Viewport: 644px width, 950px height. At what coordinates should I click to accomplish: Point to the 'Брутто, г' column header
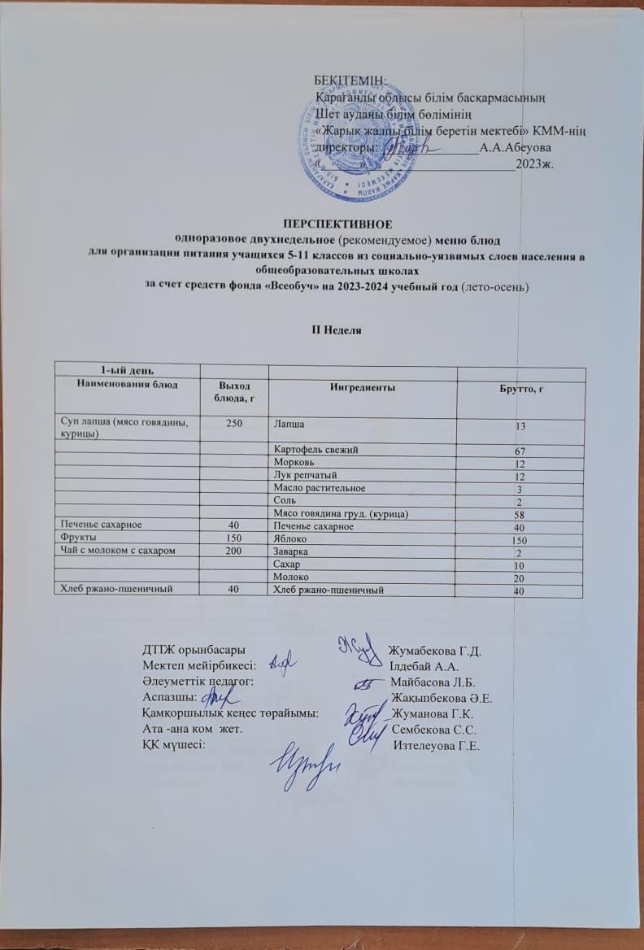[520, 392]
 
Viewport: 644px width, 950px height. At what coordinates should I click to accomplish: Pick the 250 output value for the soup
[233, 423]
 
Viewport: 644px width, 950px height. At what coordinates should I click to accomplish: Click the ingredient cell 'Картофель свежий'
[311, 449]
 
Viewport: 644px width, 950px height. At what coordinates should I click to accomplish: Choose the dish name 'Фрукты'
[73, 538]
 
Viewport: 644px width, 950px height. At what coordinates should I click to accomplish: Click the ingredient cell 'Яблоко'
[290, 538]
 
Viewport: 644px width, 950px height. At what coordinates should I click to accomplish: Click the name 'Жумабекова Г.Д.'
[436, 651]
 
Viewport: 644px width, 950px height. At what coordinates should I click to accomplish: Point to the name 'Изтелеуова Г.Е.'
[435, 746]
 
